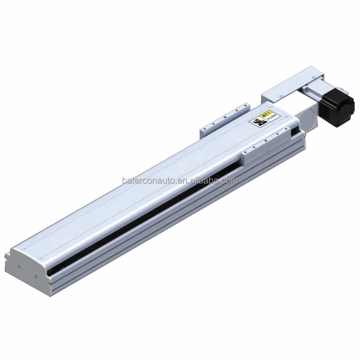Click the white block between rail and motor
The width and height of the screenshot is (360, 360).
302,115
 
